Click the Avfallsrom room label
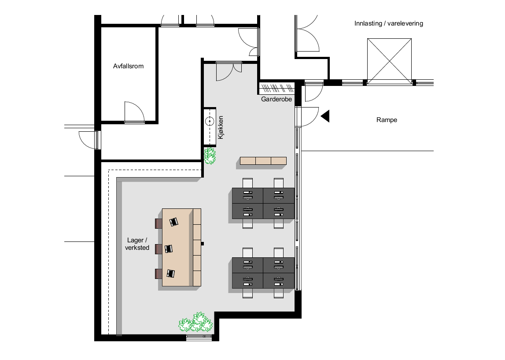point(128,67)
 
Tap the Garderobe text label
point(276,100)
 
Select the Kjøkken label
point(221,128)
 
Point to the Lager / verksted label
point(138,244)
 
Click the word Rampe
point(387,120)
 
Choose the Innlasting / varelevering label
point(388,23)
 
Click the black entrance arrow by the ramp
point(325,116)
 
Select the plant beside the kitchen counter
point(210,156)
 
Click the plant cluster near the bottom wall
point(196,323)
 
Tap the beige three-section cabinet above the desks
point(263,161)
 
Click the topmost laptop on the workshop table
point(174,222)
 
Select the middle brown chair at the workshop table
point(159,249)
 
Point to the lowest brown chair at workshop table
point(159,274)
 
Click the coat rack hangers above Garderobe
point(276,87)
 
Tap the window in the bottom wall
point(199,338)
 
